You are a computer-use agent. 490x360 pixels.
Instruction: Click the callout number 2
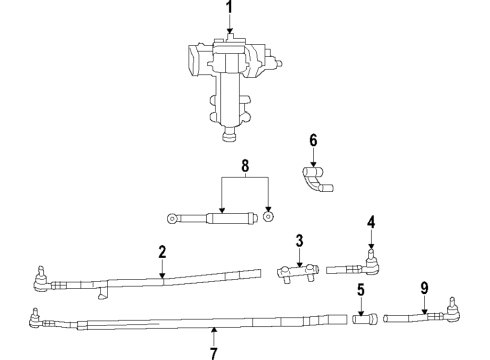coord(161,254)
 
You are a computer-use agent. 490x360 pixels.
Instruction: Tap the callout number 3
coord(298,240)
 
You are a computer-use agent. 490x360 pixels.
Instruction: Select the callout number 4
coord(370,221)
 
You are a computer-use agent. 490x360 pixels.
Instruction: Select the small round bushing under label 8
coord(268,216)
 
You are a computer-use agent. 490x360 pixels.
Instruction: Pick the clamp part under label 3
coord(296,271)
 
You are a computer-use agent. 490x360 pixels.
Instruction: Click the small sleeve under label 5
coord(363,320)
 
